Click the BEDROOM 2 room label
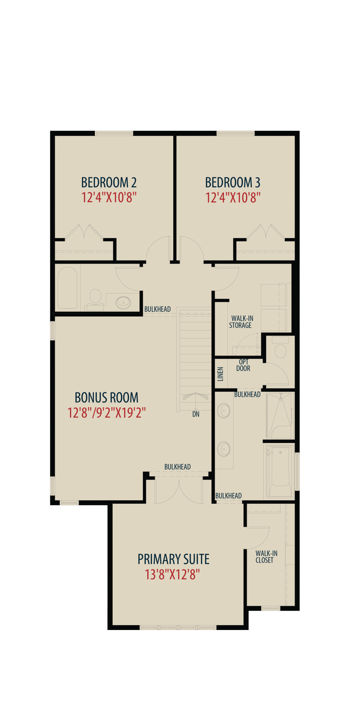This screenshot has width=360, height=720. click(x=109, y=182)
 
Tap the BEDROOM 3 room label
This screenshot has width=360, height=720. click(x=233, y=182)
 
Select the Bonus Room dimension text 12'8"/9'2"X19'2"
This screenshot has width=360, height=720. click(x=107, y=412)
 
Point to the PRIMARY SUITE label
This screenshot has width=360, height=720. click(x=174, y=559)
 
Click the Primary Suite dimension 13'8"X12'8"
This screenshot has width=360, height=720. click(x=172, y=574)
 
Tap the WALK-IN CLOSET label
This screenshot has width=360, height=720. click(x=266, y=557)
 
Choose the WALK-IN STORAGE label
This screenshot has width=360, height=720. click(x=242, y=322)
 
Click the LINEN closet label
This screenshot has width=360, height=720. click(x=220, y=374)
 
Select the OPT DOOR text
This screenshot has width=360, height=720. click(x=243, y=365)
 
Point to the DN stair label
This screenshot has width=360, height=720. click(x=196, y=414)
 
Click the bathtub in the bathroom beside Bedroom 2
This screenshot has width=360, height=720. click(x=68, y=288)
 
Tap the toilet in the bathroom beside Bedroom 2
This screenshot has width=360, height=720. click(x=95, y=300)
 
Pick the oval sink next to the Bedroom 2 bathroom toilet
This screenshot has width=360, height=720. click(x=123, y=302)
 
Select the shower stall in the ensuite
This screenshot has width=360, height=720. click(x=280, y=416)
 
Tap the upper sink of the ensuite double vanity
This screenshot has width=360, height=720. click(x=224, y=411)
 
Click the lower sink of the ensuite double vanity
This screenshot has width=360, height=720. click(x=224, y=449)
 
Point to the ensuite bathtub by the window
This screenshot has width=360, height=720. click(x=280, y=471)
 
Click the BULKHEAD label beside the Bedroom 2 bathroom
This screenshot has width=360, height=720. click(x=157, y=309)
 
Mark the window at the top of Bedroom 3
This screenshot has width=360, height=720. click(x=236, y=133)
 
